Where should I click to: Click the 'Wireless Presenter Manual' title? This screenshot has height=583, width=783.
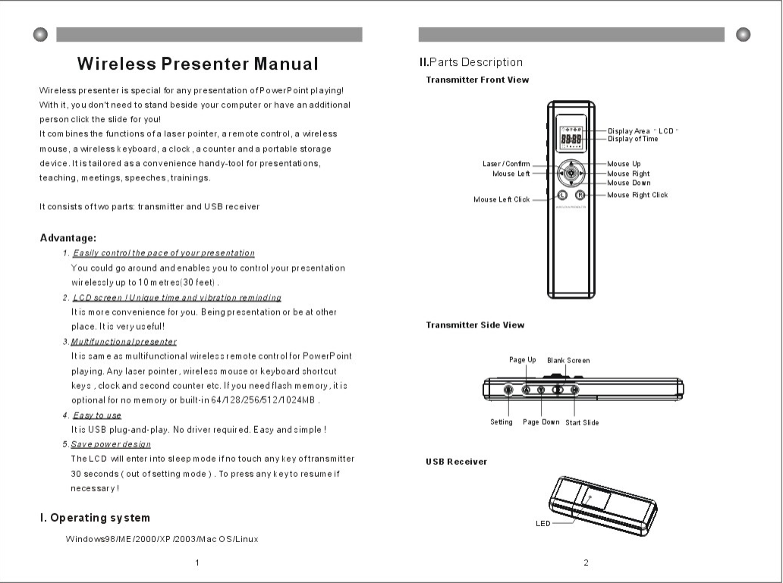click(197, 63)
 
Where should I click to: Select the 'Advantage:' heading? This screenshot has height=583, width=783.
click(68, 238)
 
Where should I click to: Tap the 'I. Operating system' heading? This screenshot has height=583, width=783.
click(95, 518)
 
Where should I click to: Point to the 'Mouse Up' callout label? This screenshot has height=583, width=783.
click(624, 164)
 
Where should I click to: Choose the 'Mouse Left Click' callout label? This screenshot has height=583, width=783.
click(502, 199)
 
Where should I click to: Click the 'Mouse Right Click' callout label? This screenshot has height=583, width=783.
click(637, 195)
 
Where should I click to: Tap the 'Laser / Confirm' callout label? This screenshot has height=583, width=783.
click(506, 164)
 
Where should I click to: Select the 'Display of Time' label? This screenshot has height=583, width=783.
click(633, 139)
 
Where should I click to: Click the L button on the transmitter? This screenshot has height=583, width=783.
click(562, 195)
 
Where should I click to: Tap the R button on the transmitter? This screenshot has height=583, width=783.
click(580, 195)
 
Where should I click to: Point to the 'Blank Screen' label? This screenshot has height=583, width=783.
click(568, 360)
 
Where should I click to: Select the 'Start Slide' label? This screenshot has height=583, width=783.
click(582, 422)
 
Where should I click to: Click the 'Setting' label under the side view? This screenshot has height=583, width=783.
click(502, 422)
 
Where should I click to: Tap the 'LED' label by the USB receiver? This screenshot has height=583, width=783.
click(542, 523)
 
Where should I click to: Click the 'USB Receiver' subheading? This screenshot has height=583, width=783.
click(456, 461)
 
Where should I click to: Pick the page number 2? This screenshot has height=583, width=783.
click(586, 562)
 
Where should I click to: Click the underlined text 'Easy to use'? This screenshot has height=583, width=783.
click(96, 415)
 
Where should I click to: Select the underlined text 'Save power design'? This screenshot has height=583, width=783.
click(111, 444)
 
